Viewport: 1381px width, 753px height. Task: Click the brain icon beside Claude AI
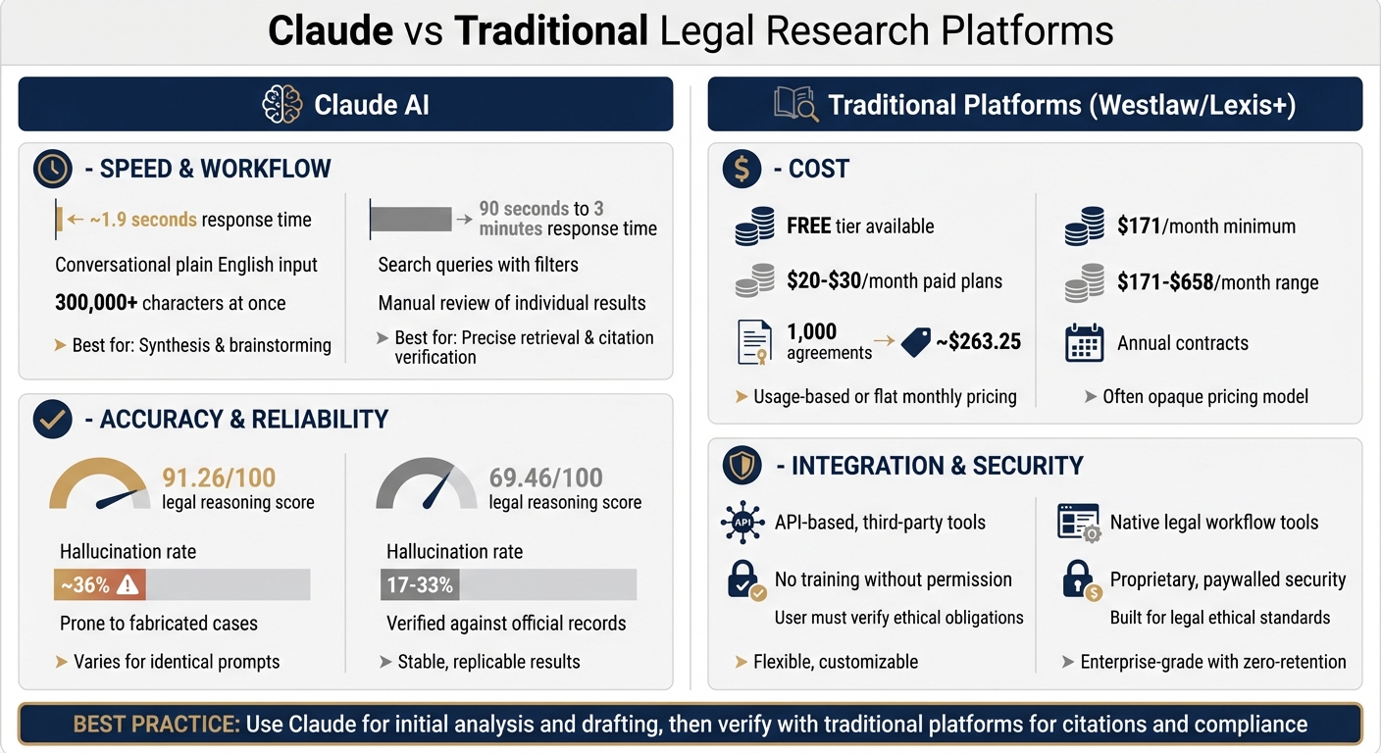(x=282, y=104)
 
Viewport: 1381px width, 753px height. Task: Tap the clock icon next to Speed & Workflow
(x=53, y=169)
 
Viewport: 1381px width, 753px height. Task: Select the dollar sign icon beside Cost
(x=742, y=169)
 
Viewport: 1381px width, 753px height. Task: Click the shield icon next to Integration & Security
(x=742, y=466)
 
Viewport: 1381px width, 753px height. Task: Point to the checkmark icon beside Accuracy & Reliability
(x=53, y=420)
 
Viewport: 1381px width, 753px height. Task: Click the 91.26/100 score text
(x=219, y=477)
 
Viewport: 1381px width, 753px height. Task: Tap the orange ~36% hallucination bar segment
(x=99, y=585)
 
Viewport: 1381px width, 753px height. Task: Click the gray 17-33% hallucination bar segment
(x=420, y=585)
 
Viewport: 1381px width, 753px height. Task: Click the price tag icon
(x=916, y=342)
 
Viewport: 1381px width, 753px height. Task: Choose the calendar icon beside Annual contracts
(x=1085, y=344)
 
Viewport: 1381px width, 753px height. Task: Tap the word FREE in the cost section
(x=809, y=226)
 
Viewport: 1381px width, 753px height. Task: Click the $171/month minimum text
(x=1205, y=226)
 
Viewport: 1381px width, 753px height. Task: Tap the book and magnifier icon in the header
(x=795, y=104)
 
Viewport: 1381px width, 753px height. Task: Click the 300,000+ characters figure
(x=96, y=303)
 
